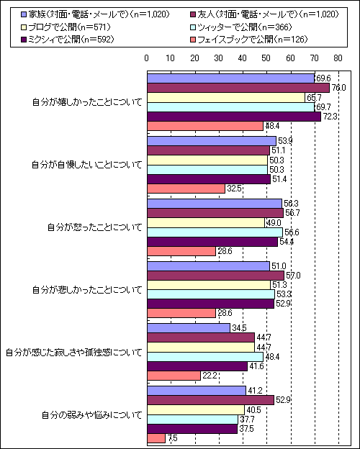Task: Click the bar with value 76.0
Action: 238,89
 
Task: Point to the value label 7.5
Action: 173,439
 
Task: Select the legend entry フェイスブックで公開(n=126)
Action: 248,40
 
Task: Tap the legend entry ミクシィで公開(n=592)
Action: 68,40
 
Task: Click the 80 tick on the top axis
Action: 338,58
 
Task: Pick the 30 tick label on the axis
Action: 219,58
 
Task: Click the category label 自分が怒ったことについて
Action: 95,227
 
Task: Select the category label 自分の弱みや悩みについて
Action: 92,415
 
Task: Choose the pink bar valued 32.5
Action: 186,189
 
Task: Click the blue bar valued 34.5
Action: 189,328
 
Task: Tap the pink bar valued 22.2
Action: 174,376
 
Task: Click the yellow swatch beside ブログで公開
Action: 24,27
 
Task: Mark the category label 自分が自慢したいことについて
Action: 87,165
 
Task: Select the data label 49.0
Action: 274,223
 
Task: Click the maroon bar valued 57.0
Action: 216,276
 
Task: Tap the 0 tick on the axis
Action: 147,58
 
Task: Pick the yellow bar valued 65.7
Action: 226,98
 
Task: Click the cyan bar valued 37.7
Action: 193,419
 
